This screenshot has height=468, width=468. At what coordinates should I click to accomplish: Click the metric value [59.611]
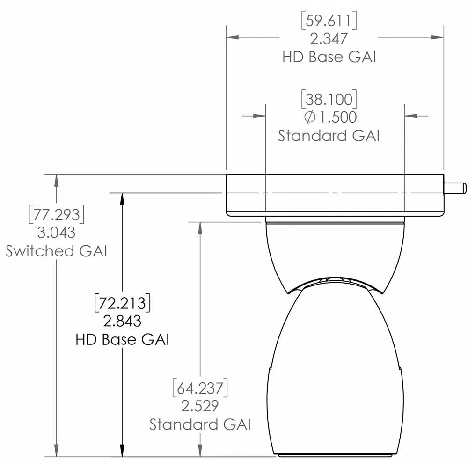[x=330, y=21]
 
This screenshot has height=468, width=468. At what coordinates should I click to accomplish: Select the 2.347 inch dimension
[x=330, y=38]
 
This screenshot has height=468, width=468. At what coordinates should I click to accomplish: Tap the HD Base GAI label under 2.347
[x=330, y=57]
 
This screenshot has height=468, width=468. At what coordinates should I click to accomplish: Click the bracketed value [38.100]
[x=329, y=99]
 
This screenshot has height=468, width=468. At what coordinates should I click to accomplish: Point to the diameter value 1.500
[x=336, y=117]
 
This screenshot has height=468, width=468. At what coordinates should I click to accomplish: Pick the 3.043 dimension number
[x=57, y=233]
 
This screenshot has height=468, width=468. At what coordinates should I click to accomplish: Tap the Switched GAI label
[x=57, y=251]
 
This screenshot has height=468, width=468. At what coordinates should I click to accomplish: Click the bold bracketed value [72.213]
[x=122, y=303]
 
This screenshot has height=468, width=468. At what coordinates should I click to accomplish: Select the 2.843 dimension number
[x=122, y=321]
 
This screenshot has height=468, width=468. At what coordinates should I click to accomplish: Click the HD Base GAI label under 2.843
[x=122, y=339]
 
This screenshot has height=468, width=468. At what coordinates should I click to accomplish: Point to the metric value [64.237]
[x=200, y=388]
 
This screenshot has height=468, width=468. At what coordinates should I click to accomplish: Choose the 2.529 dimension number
[x=200, y=406]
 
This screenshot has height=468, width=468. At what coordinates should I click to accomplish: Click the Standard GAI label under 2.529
[x=200, y=424]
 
